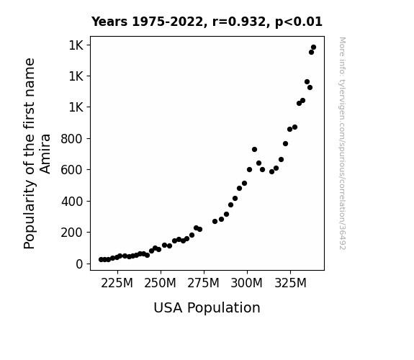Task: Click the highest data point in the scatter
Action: [313, 48]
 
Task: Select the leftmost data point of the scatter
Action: [101, 259]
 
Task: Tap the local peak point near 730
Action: [255, 150]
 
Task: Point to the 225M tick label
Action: [117, 284]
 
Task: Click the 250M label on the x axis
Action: [160, 284]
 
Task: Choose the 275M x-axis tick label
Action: [203, 284]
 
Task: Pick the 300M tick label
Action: [247, 284]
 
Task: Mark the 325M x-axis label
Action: [290, 284]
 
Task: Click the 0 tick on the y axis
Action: [79, 264]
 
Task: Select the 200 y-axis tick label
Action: [72, 233]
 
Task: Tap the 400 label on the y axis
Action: [72, 202]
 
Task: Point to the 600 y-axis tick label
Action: [72, 170]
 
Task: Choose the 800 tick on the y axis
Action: [72, 139]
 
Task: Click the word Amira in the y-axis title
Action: [45, 153]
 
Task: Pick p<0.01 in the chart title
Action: [299, 22]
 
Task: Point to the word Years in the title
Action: [109, 22]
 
